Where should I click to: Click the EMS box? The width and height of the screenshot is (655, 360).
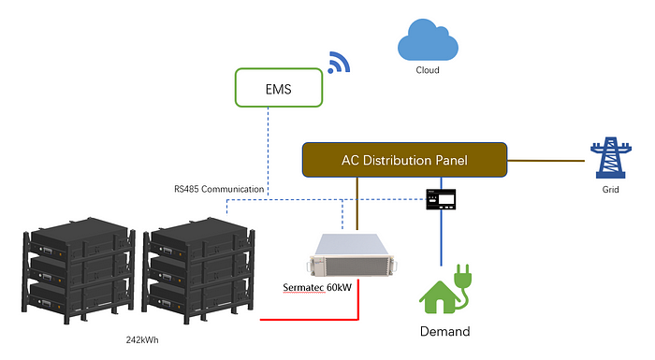pos(280,90)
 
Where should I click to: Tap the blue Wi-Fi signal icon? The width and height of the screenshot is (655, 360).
pos(338,62)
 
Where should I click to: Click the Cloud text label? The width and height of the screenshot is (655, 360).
pos(427,70)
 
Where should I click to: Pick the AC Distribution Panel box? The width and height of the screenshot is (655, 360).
pos(404,161)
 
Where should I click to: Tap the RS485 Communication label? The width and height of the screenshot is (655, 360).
pos(218,189)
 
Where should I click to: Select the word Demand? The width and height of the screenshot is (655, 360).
pos(444,331)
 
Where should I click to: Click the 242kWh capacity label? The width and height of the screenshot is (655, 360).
pos(145,341)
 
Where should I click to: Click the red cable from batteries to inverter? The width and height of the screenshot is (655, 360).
pos(309,319)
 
